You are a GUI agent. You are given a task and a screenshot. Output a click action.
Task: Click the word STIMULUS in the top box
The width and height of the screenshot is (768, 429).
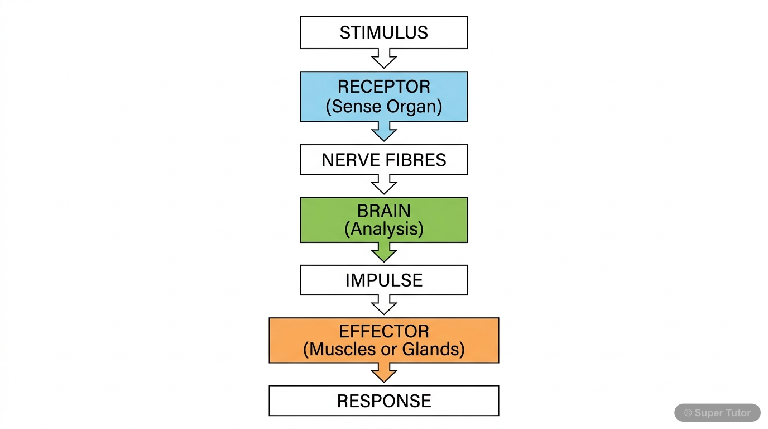[383, 32]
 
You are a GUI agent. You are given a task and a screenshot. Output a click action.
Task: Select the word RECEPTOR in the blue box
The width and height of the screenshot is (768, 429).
[383, 87]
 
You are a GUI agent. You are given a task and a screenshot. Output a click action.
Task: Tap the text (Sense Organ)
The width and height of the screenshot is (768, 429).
[383, 106]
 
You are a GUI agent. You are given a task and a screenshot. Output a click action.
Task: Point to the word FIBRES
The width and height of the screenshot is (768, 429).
[417, 160]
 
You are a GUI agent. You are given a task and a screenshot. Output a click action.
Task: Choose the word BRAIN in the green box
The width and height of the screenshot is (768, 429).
[383, 211]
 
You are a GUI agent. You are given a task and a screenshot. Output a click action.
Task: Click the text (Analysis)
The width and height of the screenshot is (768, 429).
[383, 229]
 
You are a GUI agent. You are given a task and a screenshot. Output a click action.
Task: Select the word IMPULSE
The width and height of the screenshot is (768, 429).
[383, 280]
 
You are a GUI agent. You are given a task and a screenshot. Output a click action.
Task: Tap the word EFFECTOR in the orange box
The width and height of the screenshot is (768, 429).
[383, 331]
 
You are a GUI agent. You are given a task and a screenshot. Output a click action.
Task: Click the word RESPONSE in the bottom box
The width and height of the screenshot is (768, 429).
[383, 401]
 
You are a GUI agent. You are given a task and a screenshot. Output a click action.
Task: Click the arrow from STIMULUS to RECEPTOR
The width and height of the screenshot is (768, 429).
[383, 59]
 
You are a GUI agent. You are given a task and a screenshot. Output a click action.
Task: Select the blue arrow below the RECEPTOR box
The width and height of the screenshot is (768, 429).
[383, 132]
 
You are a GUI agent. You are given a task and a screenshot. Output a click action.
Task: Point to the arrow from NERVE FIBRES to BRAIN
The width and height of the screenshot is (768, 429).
[383, 184]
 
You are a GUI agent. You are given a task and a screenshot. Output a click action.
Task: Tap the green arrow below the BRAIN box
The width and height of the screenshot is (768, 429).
[383, 252]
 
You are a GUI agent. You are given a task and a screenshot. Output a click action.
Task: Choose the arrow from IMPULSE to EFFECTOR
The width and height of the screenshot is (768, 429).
[383, 306]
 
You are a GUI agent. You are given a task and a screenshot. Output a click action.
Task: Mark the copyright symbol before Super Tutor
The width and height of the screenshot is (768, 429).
[688, 413]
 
